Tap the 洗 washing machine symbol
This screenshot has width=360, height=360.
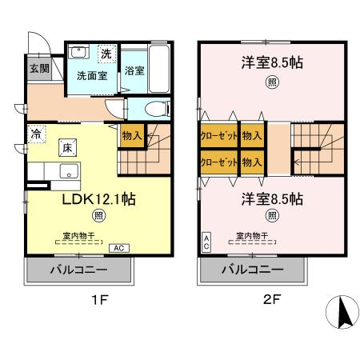coord(106,54)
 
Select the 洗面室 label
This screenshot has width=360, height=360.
coord(91,76)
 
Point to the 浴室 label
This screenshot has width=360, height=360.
coord(134,70)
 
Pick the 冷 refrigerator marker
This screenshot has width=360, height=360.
coord(36,134)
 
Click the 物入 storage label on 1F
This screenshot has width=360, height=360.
coord(132,136)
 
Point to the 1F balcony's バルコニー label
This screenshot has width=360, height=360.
coord(79,270)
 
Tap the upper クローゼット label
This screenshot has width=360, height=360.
coord(219,137)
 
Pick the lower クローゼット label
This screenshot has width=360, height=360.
coord(219,162)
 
